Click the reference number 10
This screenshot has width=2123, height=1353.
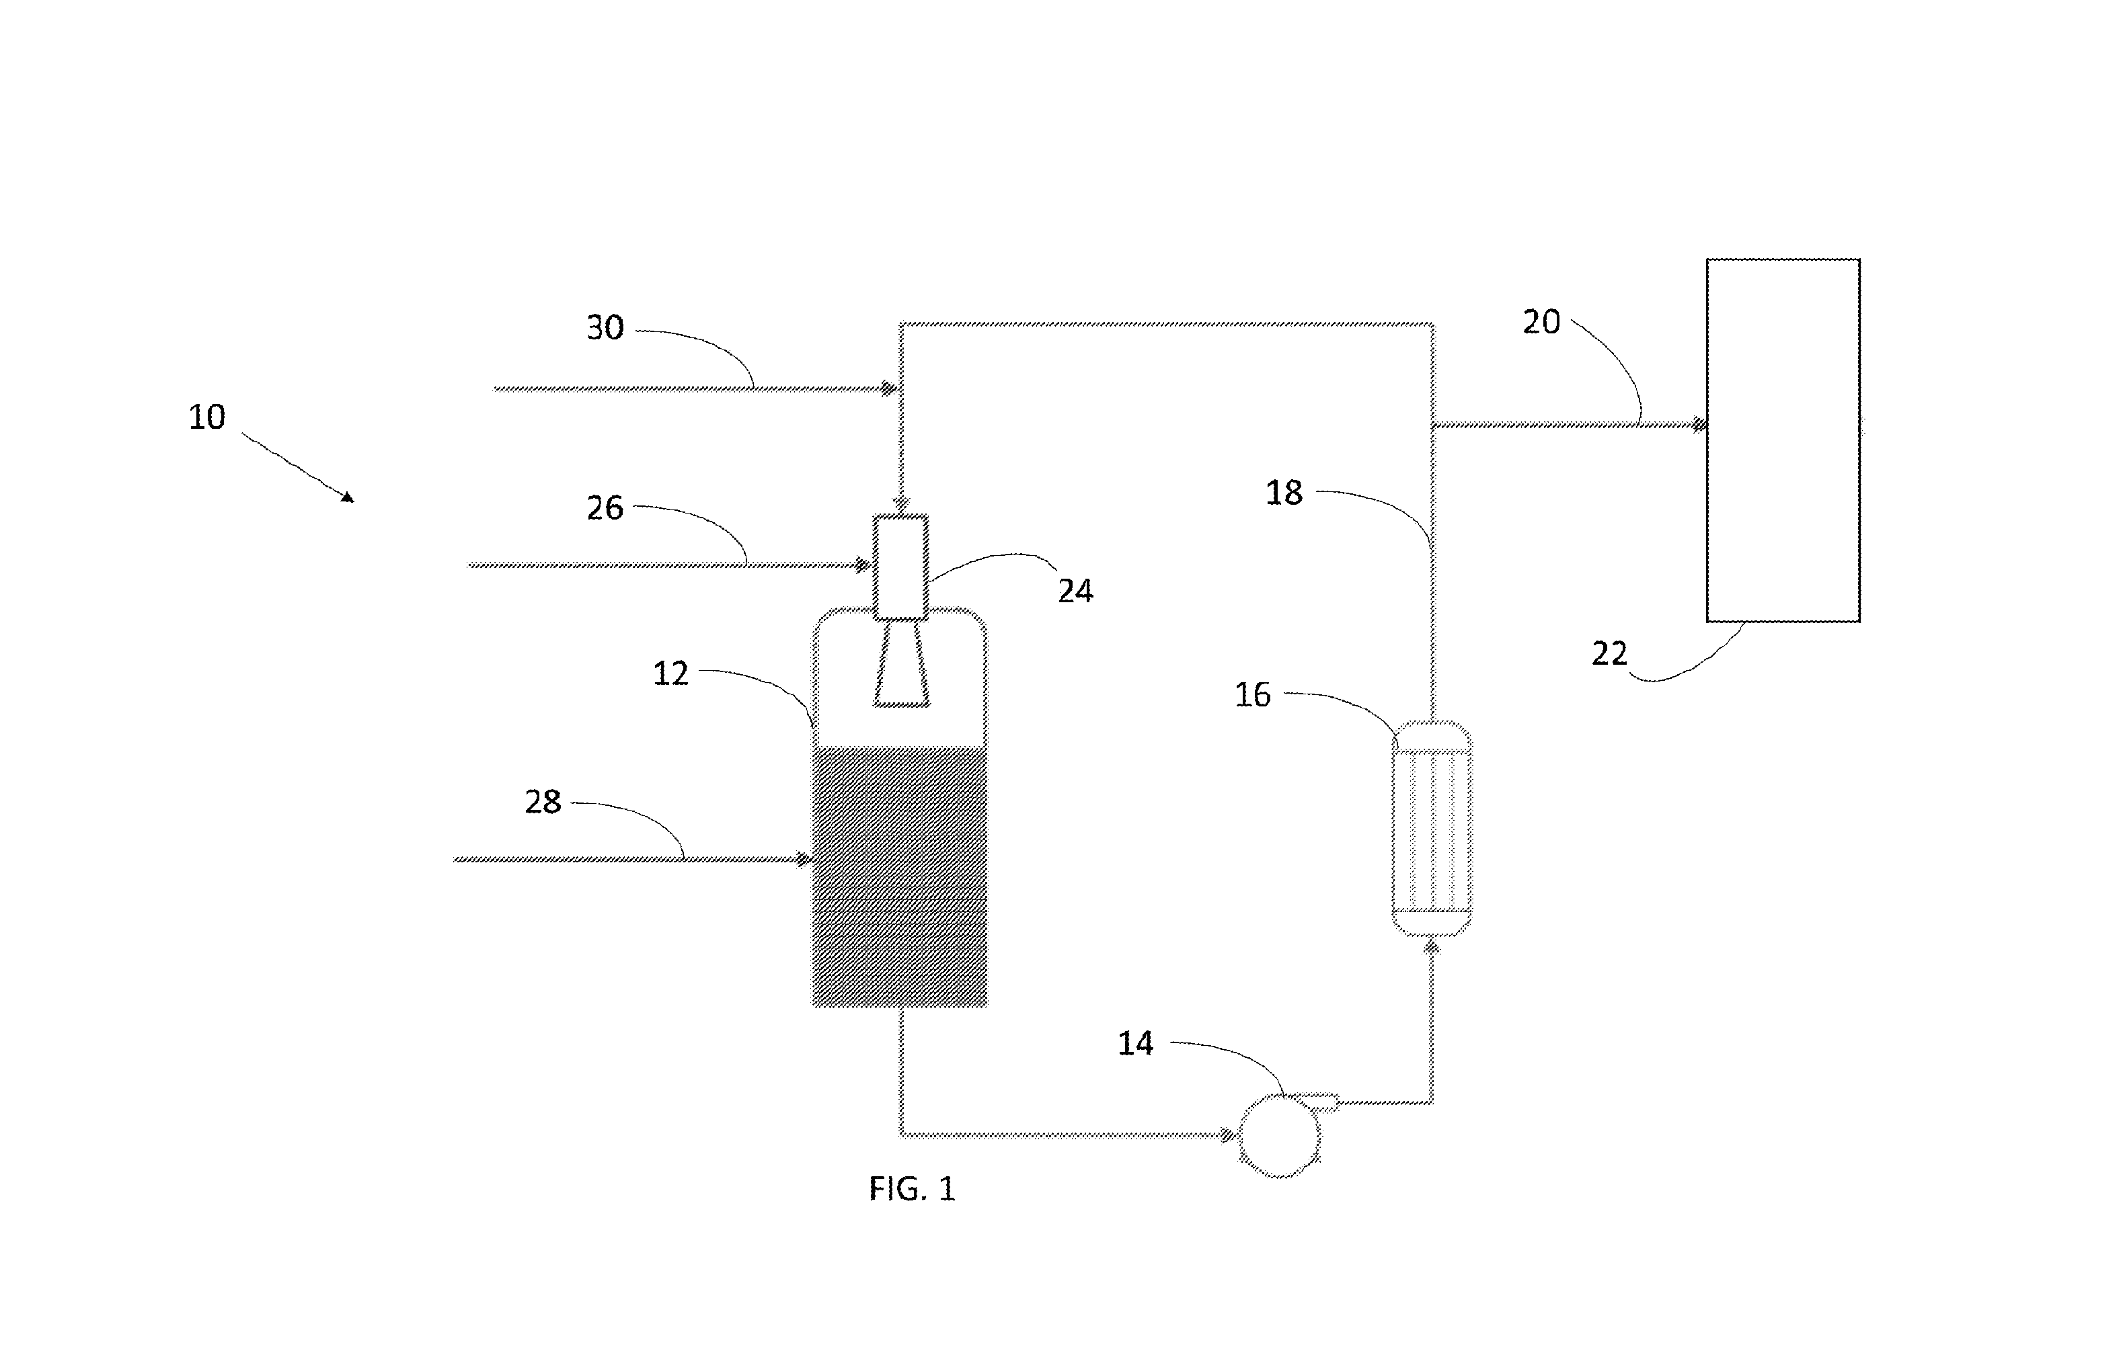[207, 417]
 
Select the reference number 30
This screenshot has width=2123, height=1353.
[606, 328]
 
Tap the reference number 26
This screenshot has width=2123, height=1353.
[606, 507]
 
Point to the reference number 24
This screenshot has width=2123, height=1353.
[1075, 591]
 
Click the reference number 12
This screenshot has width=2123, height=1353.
[671, 673]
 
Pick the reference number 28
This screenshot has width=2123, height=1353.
[543, 802]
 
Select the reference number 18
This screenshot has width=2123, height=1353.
[1284, 493]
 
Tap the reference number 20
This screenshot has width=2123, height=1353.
[1542, 323]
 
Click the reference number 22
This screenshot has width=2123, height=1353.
[1610, 654]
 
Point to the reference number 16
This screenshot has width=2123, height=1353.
[1253, 696]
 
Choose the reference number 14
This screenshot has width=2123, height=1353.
[1136, 1044]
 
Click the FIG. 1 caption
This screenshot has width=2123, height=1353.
[913, 1189]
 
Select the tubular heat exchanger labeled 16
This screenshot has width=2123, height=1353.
[1432, 827]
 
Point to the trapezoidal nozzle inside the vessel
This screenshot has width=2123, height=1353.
[901, 663]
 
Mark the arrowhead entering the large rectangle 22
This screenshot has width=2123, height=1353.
[1699, 425]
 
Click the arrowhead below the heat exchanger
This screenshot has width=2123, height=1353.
[1432, 948]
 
